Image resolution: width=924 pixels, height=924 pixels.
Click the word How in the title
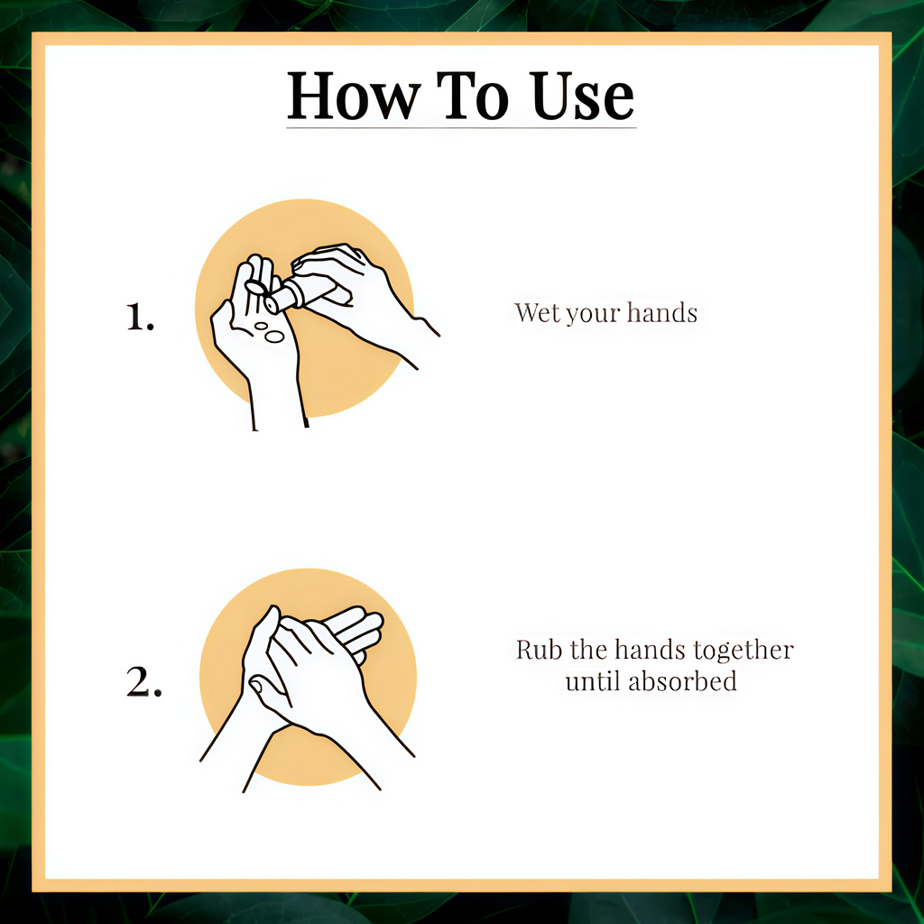coord(354,96)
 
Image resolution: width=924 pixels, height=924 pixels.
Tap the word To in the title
coord(472,96)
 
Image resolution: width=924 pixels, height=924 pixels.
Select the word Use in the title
coord(582,96)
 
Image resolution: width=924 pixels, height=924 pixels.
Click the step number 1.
coord(140,317)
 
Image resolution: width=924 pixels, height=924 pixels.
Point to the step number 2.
coord(143,682)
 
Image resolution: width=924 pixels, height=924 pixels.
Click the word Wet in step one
coord(537,312)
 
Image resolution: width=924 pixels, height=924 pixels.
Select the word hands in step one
coord(661,312)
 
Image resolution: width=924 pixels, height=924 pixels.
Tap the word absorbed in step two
coord(682,681)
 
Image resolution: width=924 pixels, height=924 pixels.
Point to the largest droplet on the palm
coord(274,337)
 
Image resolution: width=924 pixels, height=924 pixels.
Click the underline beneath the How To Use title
coord(461,126)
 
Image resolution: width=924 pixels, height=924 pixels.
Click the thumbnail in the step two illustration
coord(258,687)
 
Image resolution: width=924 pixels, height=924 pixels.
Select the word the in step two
coord(588,650)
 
